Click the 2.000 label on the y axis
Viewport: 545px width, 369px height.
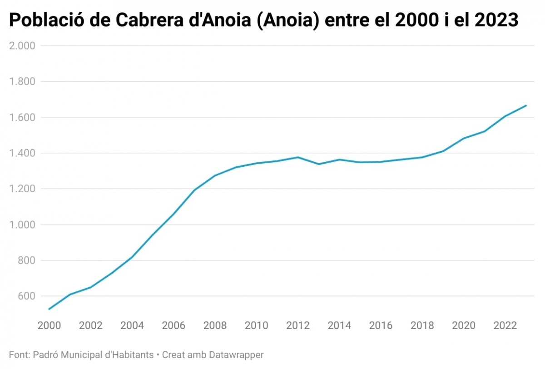pos(22,45)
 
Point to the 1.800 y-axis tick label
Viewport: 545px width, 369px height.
pos(22,81)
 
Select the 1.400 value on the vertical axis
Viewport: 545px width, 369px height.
pos(22,153)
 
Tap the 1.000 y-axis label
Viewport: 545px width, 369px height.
pos(22,225)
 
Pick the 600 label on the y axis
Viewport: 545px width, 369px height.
pos(25,296)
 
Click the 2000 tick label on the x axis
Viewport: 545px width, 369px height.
pos(49,325)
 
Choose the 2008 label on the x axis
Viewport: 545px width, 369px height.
pos(215,325)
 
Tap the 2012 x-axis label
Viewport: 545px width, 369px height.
pos(298,325)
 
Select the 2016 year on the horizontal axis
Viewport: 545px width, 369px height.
pos(381,325)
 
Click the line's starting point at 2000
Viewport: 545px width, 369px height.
pos(49,309)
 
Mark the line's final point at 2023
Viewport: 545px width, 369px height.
pos(526,105)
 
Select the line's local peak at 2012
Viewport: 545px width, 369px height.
pos(298,157)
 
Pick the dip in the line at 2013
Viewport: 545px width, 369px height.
pos(319,164)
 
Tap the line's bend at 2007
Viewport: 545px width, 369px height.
pos(194,190)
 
